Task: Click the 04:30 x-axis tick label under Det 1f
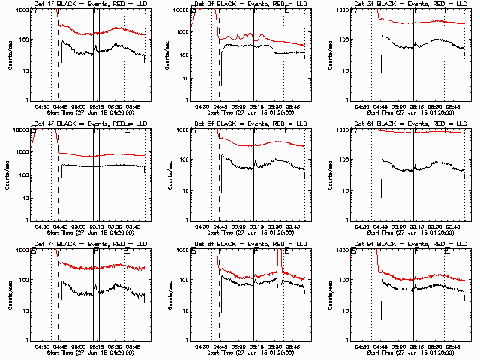click(43, 106)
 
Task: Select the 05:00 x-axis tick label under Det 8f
click(239, 346)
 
